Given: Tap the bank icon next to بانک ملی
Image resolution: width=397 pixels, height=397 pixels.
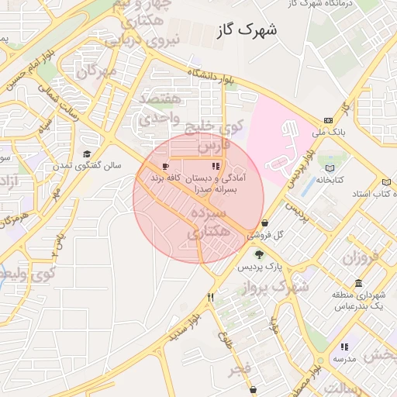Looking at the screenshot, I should coord(329,120).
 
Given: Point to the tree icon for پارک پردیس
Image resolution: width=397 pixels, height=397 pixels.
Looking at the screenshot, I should coord(258,254).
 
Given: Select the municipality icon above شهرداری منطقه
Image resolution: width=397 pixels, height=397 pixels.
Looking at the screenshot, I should coord(357,283).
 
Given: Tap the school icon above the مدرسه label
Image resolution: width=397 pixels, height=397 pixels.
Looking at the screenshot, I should coord(343,347).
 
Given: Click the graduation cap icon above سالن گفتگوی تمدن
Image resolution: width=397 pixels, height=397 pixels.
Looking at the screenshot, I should coord(87,154).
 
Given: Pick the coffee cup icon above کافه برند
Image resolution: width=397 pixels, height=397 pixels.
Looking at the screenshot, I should coord(165,167).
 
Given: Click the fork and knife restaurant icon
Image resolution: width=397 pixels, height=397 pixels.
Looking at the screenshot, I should coord(210,297).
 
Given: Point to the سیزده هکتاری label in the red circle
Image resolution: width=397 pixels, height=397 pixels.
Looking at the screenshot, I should coord(209,221).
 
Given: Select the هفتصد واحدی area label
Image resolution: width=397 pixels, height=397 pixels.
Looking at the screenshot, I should coord(160,109).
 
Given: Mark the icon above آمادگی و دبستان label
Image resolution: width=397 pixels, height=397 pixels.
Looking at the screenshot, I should coord(215,166).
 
